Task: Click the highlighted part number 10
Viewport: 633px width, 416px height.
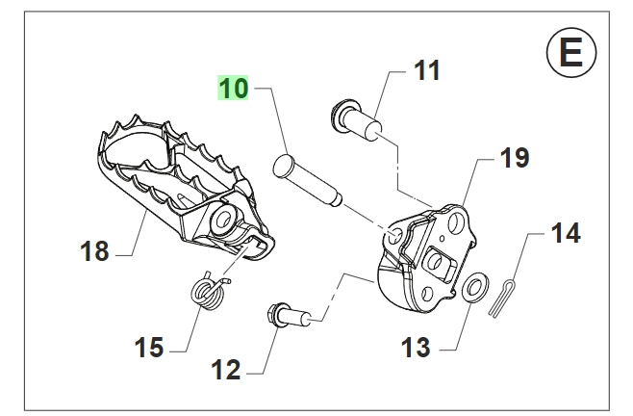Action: (233, 89)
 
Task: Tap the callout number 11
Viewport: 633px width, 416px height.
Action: (426, 70)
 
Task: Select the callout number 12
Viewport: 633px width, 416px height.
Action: (225, 369)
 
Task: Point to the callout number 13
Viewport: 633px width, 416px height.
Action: (416, 348)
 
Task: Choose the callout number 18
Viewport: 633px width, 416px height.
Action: (94, 252)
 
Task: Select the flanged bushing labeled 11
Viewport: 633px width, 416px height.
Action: (359, 119)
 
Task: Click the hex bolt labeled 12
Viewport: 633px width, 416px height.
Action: (287, 314)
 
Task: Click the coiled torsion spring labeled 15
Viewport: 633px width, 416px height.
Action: (209, 290)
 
